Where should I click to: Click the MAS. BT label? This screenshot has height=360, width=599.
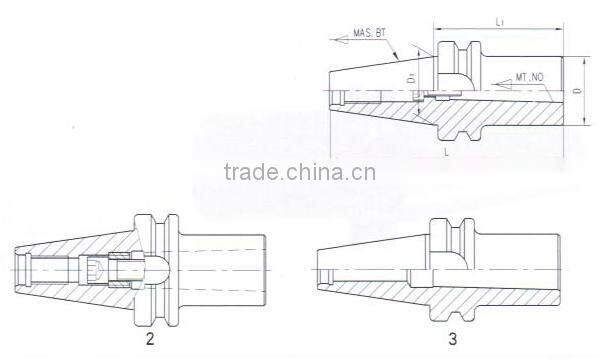point(371,34)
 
